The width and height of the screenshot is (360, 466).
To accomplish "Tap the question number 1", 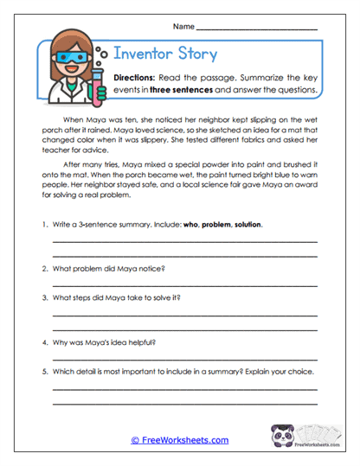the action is click(x=43, y=224).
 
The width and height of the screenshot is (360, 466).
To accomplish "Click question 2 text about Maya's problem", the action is click(x=108, y=268).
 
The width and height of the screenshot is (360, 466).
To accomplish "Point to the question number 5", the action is click(x=43, y=372).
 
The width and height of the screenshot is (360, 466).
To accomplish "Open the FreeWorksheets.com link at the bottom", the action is click(x=180, y=440).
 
